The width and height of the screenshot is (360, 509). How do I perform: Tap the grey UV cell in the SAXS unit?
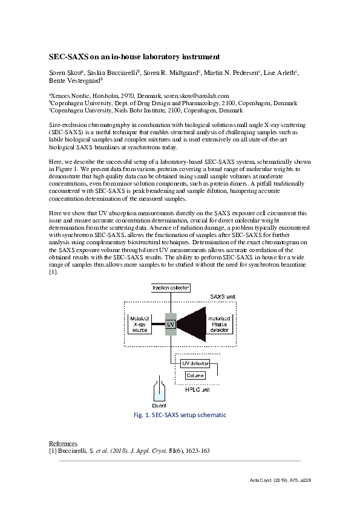click(x=171, y=324)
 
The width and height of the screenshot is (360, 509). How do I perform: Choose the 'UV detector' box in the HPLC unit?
click(x=195, y=363)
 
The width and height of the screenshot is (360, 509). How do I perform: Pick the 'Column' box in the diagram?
click(x=195, y=375)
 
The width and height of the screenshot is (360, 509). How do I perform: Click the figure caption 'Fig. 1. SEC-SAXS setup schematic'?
click(x=180, y=416)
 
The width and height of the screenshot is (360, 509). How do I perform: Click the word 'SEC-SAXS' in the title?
click(x=68, y=57)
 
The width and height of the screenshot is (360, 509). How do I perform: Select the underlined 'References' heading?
click(x=62, y=444)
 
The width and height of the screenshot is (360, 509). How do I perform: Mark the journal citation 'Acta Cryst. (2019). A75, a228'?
click(x=280, y=480)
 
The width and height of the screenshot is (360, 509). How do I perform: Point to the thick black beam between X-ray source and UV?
click(x=157, y=323)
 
